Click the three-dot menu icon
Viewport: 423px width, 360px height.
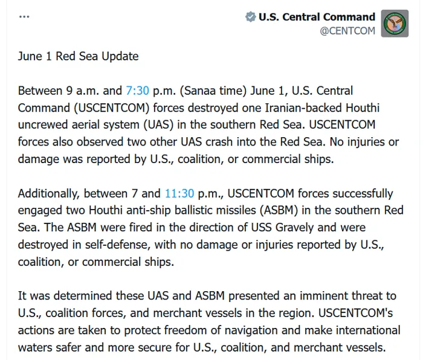point(24,17)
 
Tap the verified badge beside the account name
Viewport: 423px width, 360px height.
point(250,17)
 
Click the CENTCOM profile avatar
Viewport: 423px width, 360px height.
point(395,24)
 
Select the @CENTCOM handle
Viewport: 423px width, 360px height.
point(347,31)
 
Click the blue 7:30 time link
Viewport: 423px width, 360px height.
point(137,91)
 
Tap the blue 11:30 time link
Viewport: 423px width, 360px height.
point(179,193)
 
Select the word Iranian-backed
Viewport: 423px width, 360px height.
point(304,108)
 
